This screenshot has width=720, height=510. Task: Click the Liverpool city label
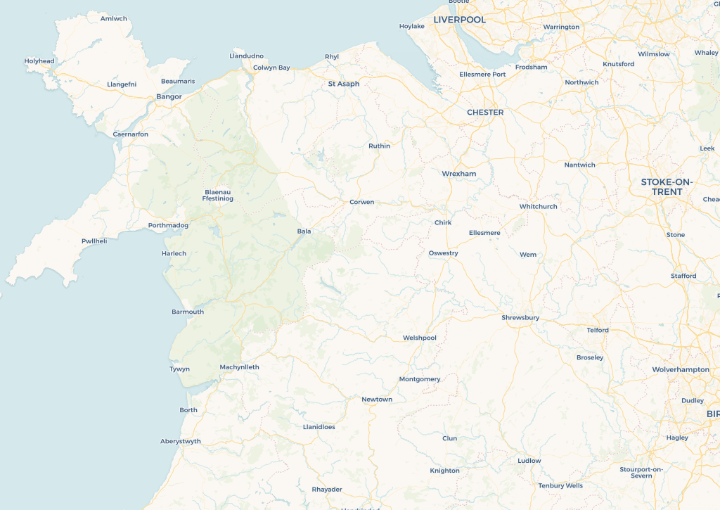pyautogui.click(x=459, y=20)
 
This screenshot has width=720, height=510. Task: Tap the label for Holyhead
pyautogui.click(x=39, y=61)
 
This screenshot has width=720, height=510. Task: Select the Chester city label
pyautogui.click(x=485, y=113)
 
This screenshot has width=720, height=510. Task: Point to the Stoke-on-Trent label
pyautogui.click(x=667, y=187)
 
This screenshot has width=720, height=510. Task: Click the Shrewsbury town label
pyautogui.click(x=520, y=318)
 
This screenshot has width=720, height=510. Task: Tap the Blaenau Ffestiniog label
pyautogui.click(x=217, y=196)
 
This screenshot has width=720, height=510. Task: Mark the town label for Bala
pyautogui.click(x=304, y=231)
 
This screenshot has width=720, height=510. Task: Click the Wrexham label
pyautogui.click(x=459, y=174)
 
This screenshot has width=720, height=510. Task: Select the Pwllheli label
pyautogui.click(x=94, y=241)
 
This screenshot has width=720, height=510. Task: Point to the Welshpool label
pyautogui.click(x=420, y=338)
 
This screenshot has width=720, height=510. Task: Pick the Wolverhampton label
pyautogui.click(x=681, y=369)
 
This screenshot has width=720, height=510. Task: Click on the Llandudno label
pyautogui.click(x=246, y=56)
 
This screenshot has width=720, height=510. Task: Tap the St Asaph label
pyautogui.click(x=344, y=84)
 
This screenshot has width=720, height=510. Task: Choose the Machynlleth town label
pyautogui.click(x=239, y=367)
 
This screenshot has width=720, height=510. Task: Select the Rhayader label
pyautogui.click(x=326, y=490)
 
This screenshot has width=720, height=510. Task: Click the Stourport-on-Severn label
pyautogui.click(x=641, y=472)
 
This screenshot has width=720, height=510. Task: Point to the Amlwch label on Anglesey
pyautogui.click(x=114, y=18)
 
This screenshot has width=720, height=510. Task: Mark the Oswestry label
pyautogui.click(x=443, y=253)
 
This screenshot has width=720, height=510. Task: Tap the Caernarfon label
pyautogui.click(x=131, y=134)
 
